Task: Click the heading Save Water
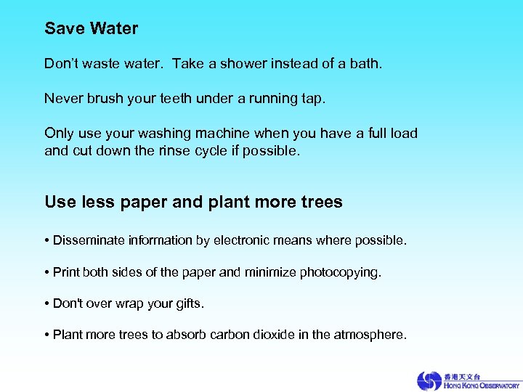[x=91, y=29]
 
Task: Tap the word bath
[x=364, y=64]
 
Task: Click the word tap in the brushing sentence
[x=314, y=99]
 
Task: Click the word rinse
[x=190, y=150]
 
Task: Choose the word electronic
[x=243, y=240]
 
